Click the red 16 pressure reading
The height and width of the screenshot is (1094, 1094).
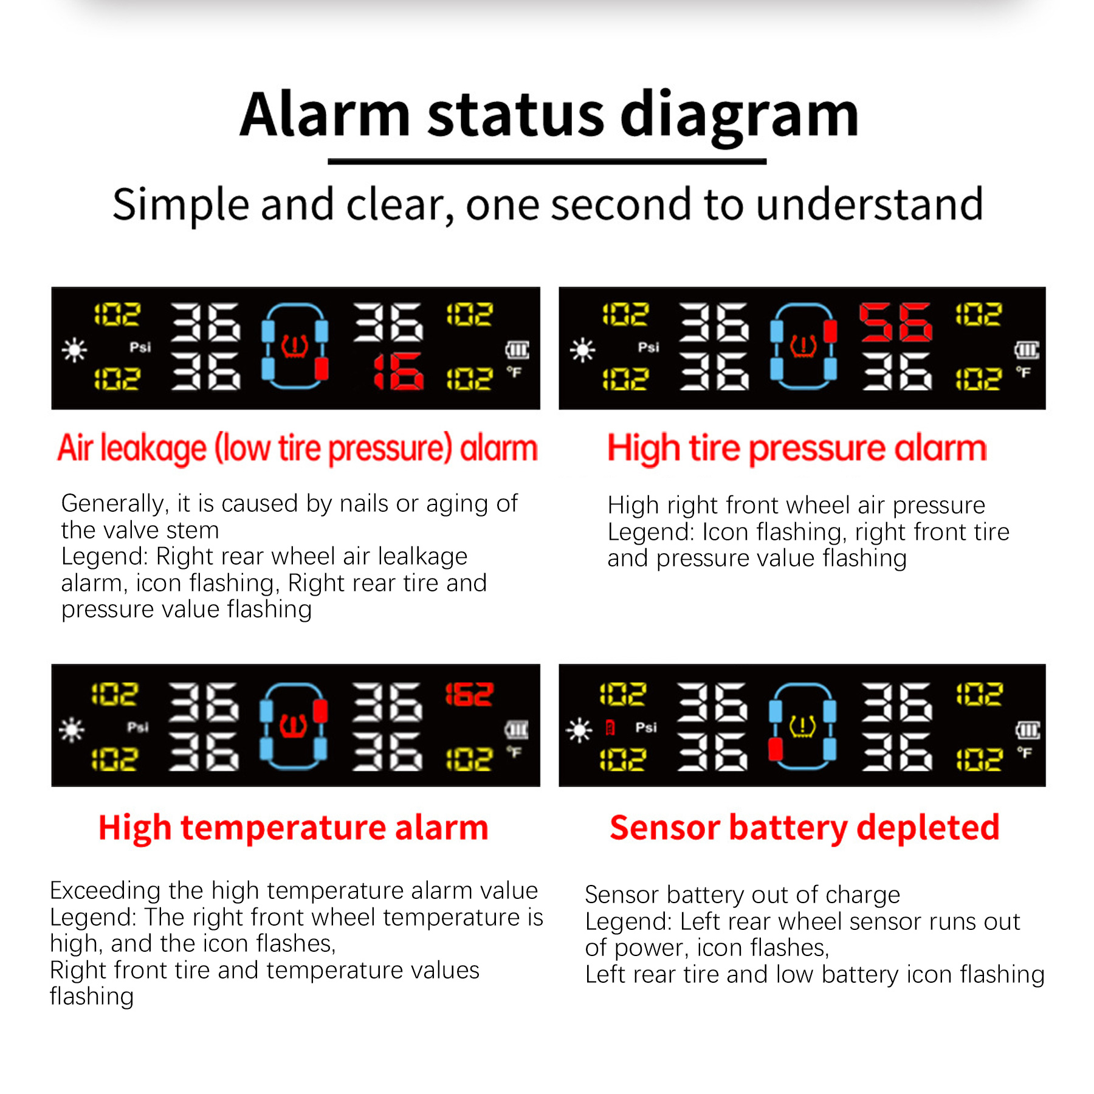tap(399, 371)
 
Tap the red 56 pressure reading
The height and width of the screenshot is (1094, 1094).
tap(895, 322)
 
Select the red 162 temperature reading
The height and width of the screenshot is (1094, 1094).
tap(469, 694)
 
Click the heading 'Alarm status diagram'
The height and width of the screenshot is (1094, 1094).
tap(549, 115)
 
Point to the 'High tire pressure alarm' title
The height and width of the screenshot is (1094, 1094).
tap(797, 449)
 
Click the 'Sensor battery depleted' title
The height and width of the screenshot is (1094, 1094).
tap(805, 828)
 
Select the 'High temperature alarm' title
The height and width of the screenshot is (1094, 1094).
tap(294, 828)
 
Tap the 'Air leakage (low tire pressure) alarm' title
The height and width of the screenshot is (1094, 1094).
tap(298, 449)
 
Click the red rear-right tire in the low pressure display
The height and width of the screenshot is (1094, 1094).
tap(322, 368)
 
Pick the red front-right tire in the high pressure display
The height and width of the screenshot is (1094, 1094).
tap(830, 331)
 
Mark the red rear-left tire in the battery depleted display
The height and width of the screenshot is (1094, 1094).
tap(776, 749)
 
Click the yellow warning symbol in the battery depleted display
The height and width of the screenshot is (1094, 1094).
tap(802, 726)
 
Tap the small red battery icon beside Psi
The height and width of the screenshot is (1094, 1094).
tap(611, 728)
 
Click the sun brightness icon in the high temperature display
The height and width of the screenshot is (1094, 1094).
tap(72, 729)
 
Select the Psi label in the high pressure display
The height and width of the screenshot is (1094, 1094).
tap(648, 347)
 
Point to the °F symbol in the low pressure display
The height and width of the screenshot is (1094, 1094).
tap(515, 372)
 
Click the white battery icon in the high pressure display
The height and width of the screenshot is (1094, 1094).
tap(1027, 349)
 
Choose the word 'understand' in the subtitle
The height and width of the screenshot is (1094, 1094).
tap(870, 204)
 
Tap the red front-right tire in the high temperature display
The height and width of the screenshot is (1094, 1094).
tap(320, 711)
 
